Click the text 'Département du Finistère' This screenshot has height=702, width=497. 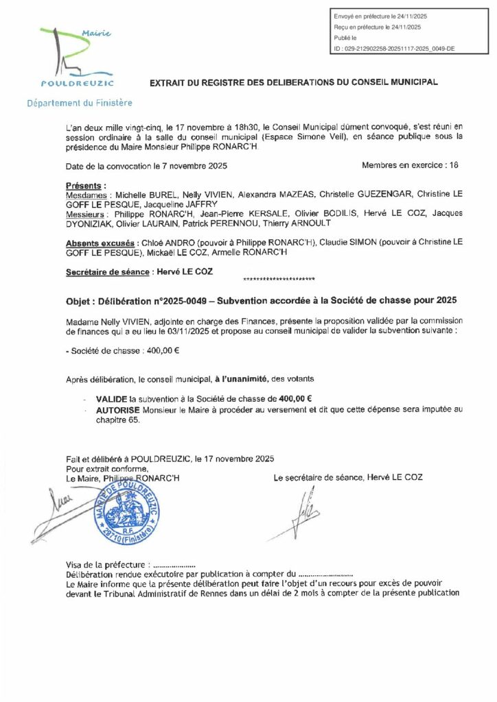coord(80,104)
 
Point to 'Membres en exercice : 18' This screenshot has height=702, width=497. coord(409,166)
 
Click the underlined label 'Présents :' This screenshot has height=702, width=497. coord(86,186)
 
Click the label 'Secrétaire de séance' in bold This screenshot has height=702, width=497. coord(108,271)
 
